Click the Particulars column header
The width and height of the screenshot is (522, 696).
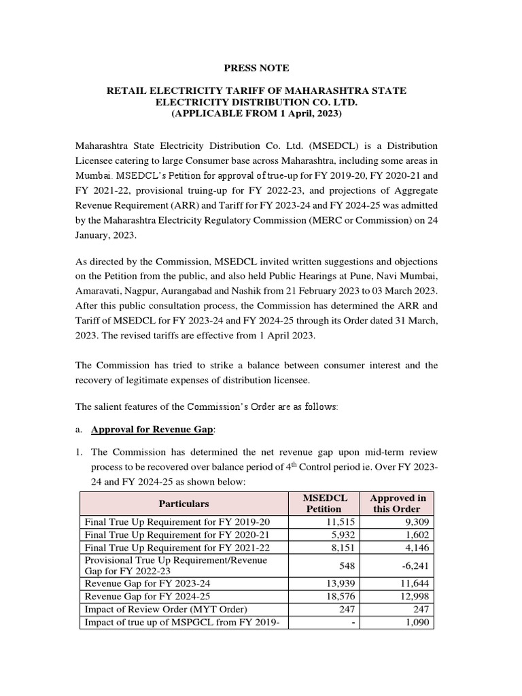[184, 504]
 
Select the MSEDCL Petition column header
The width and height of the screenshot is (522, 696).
[324, 504]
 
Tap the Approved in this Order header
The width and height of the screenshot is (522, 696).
[396, 504]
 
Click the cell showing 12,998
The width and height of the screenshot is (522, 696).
[413, 596]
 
